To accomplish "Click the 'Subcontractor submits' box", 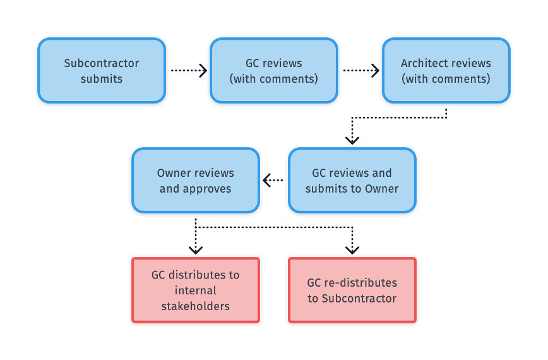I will [x=102, y=71].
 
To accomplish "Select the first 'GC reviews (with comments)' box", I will [x=274, y=71].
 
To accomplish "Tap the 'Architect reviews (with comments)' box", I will [x=446, y=71].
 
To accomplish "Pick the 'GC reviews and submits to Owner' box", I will [x=352, y=181].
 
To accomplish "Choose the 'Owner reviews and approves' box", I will [x=196, y=181].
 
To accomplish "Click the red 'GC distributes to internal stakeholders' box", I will [x=196, y=291].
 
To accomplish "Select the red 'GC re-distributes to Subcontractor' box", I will [x=352, y=291].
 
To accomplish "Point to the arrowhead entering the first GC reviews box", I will [x=203, y=71].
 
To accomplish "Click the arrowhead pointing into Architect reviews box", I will [x=376, y=71].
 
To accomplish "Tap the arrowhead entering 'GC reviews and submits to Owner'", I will [x=352, y=140].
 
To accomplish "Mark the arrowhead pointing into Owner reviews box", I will [x=267, y=181].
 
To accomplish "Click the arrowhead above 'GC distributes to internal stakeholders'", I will [x=196, y=250].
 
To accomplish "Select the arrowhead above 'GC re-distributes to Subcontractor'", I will [x=352, y=250].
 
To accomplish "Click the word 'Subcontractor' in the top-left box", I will [x=102, y=63].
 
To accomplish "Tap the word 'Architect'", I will [x=422, y=63].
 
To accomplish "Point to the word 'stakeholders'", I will [x=196, y=306].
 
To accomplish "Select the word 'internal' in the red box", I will [x=196, y=291].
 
